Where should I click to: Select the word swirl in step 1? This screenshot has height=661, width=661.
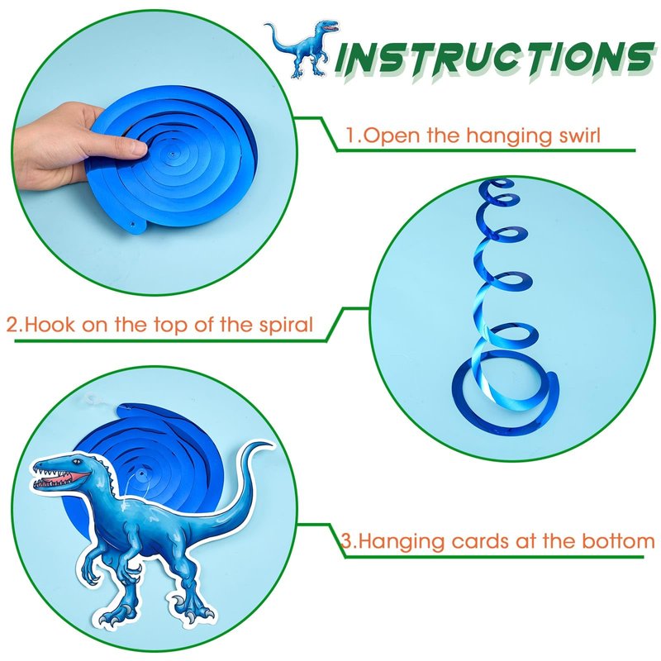(579, 136)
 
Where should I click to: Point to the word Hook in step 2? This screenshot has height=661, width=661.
(50, 325)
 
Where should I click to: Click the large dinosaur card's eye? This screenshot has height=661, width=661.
(75, 463)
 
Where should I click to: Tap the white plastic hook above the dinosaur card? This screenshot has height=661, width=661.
(94, 401)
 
